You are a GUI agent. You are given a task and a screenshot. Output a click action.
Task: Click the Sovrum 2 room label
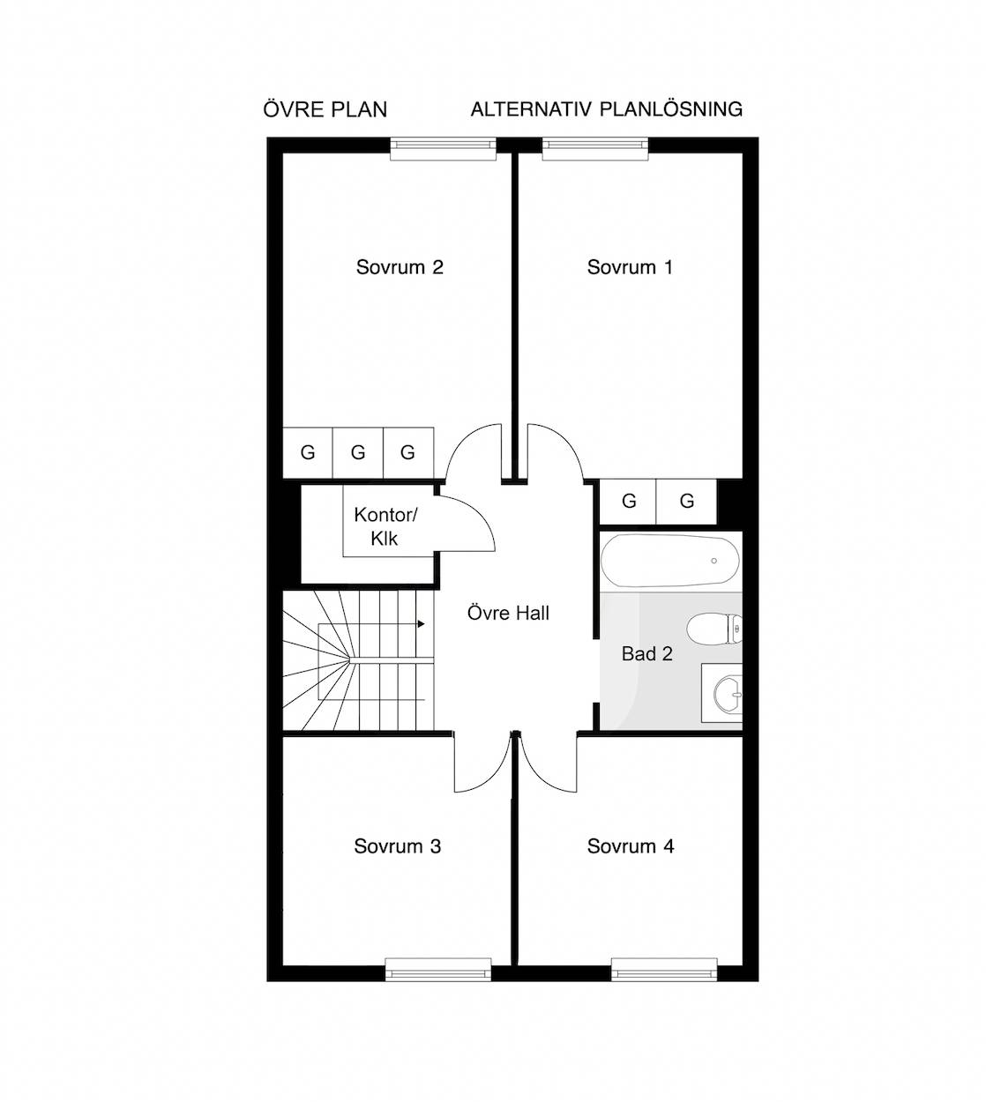pyautogui.click(x=400, y=267)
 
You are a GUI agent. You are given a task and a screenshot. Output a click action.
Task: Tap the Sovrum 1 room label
pyautogui.click(x=630, y=267)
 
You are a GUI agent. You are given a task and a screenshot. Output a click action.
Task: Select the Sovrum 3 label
pyautogui.click(x=397, y=846)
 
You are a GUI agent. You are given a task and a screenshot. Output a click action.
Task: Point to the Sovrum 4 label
pyautogui.click(x=630, y=846)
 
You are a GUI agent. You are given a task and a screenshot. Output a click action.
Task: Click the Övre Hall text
pyautogui.click(x=508, y=613)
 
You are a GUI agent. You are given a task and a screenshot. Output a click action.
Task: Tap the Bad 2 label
pyautogui.click(x=647, y=654)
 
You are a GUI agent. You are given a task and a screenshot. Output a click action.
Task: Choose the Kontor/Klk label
pyautogui.click(x=385, y=526)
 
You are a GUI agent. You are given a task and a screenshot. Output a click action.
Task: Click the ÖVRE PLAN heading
pyautogui.click(x=325, y=109)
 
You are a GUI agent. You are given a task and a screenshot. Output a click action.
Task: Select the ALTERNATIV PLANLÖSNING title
pyautogui.click(x=606, y=108)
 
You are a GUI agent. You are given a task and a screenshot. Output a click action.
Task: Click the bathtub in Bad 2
pyautogui.click(x=670, y=561)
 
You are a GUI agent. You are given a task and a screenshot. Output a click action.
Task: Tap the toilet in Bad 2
pyautogui.click(x=714, y=629)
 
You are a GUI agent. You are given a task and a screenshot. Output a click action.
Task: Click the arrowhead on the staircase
pyautogui.click(x=422, y=624)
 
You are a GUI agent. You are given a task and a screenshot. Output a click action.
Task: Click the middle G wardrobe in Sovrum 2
pyautogui.click(x=357, y=453)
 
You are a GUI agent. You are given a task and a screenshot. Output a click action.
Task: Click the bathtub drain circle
pyautogui.click(x=714, y=561)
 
